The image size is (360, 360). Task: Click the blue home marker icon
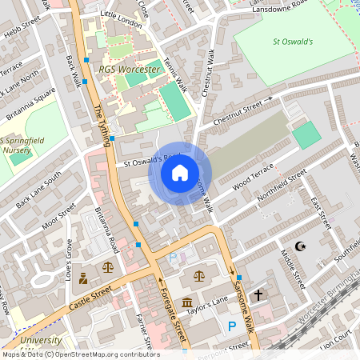pyautogui.click(x=180, y=172)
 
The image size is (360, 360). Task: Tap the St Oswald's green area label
pyautogui.click(x=293, y=41)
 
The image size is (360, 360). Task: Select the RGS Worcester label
pyautogui.click(x=130, y=70)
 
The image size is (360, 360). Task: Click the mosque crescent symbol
pyautogui.click(x=300, y=247)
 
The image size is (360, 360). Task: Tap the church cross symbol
pyautogui.click(x=258, y=295)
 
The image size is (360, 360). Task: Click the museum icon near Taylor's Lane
pyautogui.click(x=186, y=303)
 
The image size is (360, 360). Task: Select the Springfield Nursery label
pyautogui.click(x=22, y=146)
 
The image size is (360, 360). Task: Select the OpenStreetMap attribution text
pyautogui.click(x=80, y=354)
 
